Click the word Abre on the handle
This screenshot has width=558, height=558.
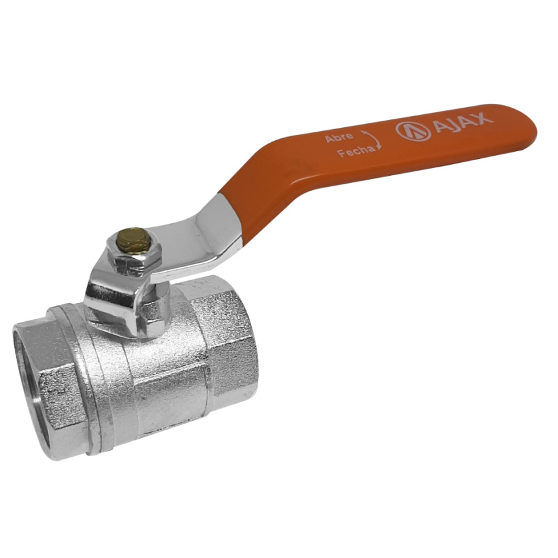click(x=339, y=137)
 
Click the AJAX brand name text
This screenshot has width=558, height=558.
click(x=463, y=121)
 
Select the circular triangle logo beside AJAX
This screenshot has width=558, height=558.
click(x=413, y=131)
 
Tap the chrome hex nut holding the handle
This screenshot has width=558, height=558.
click(x=134, y=254)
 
